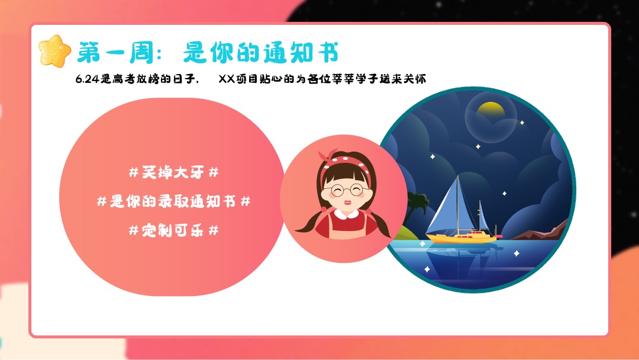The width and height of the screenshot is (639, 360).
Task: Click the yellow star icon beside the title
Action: tap(54, 51)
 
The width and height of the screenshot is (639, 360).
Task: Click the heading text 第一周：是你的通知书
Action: tap(208, 53)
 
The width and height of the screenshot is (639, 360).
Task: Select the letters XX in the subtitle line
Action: tap(227, 79)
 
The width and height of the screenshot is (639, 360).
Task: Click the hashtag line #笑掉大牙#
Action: tap(173, 173)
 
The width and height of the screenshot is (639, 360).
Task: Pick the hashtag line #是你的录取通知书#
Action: tap(173, 201)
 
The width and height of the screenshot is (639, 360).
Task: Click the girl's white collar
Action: tap(344, 211)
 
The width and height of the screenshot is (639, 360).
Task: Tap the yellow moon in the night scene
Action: tap(490, 108)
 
